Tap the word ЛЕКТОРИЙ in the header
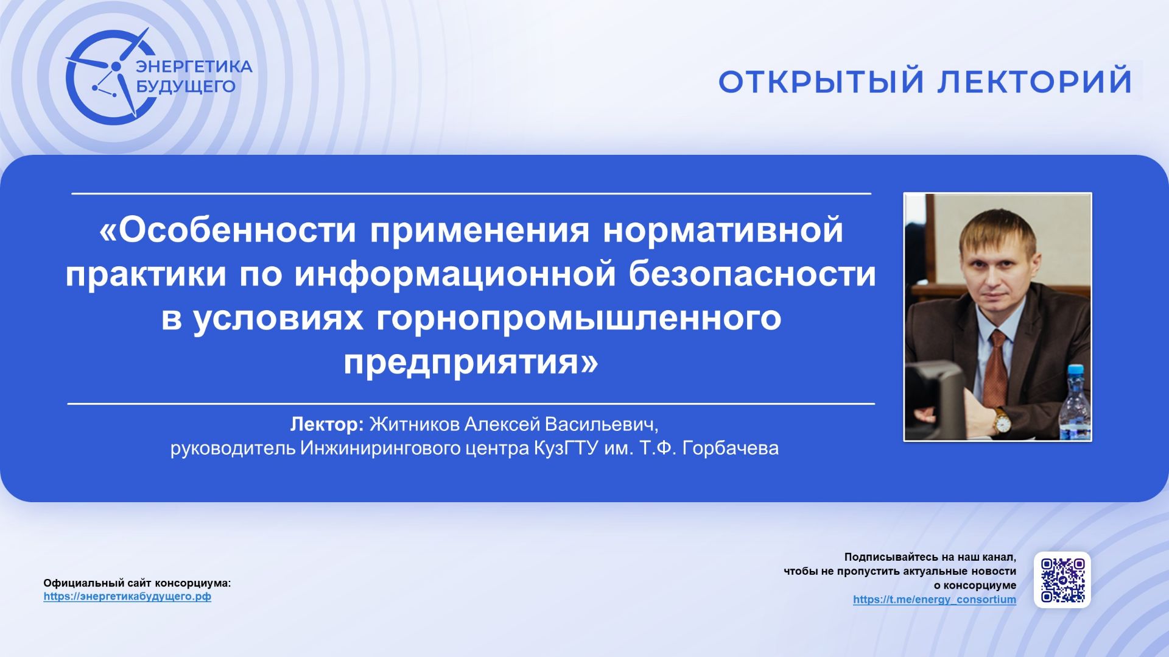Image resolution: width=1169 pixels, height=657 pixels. [1034, 82]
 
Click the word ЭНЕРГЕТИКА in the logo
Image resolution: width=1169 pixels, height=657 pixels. [194, 66]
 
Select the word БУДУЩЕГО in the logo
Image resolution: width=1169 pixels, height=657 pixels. [186, 87]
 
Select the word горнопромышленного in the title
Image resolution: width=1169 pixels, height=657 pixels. [578, 318]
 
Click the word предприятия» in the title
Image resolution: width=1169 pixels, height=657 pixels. [471, 362]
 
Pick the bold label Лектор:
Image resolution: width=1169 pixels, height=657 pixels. [327, 424]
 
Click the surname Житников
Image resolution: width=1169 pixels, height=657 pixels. [414, 424]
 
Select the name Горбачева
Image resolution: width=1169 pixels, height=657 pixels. [730, 449]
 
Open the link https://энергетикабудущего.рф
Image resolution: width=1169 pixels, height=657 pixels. [127, 597]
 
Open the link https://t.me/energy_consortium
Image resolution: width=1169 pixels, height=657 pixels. [934, 600]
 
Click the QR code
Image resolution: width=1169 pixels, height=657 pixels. [1062, 580]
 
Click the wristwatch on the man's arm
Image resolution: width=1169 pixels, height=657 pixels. [1000, 420]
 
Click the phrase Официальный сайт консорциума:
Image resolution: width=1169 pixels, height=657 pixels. [137, 583]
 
